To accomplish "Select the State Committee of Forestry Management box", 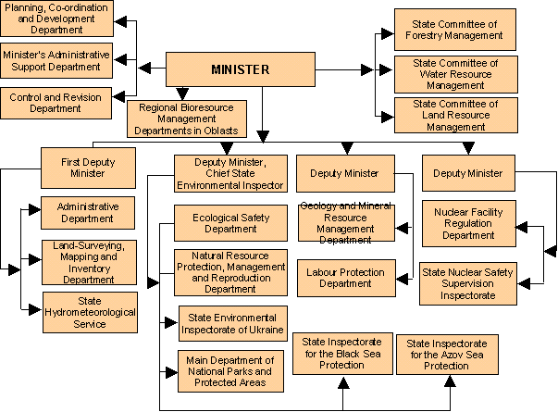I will click(448, 30).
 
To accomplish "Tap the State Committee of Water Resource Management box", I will click(448, 73).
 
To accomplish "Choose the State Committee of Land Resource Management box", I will click(448, 115).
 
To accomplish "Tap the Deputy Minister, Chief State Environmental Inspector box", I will click(229, 174).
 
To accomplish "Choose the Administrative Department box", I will click(85, 212).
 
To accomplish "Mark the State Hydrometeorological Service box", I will click(90, 312).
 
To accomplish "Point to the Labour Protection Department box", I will click(346, 279).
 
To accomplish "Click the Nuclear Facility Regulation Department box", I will click(469, 223).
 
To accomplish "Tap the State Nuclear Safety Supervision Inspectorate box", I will click(467, 283).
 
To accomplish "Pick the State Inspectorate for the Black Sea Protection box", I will click(341, 353).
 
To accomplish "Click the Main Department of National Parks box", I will click(230, 371).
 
